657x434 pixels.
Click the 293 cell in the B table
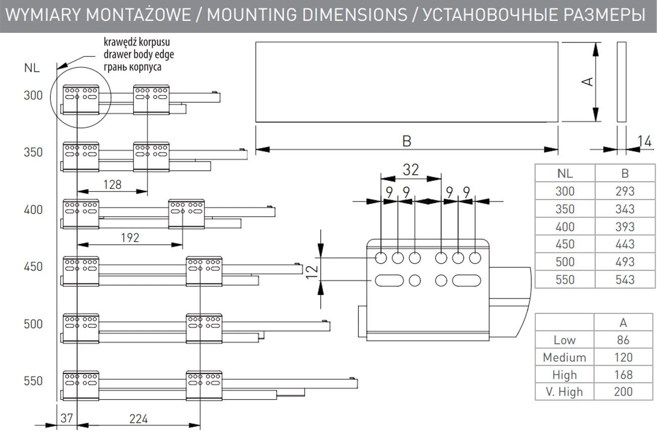click(625, 191)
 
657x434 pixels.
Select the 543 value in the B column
click(625, 279)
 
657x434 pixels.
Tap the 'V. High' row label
click(564, 392)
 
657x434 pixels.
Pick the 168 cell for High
click(624, 375)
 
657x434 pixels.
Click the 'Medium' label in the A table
click(564, 358)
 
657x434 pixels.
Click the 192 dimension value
click(130, 237)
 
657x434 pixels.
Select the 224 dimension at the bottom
click(138, 419)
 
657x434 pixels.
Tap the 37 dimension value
click(66, 419)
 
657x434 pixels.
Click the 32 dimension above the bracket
click(411, 170)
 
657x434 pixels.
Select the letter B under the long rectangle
click(407, 141)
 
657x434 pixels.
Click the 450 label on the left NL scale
click(34, 266)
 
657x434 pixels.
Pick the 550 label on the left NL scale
click(34, 380)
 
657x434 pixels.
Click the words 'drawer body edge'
click(138, 54)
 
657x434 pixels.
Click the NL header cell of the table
click(565, 173)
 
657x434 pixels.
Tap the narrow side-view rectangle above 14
click(621, 82)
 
